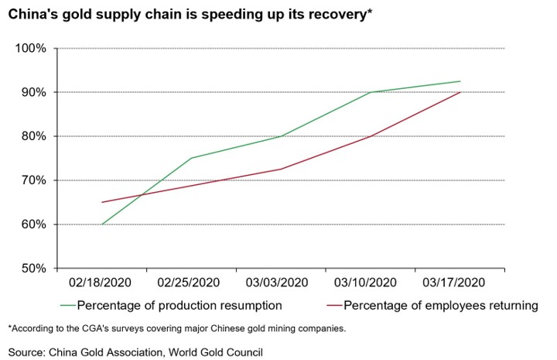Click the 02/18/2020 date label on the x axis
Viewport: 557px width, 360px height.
point(101,283)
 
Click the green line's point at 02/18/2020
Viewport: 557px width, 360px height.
point(101,225)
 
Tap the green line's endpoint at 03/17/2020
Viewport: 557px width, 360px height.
point(460,81)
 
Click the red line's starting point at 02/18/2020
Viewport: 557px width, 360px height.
point(101,202)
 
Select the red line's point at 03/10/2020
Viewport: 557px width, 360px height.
point(371,136)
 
